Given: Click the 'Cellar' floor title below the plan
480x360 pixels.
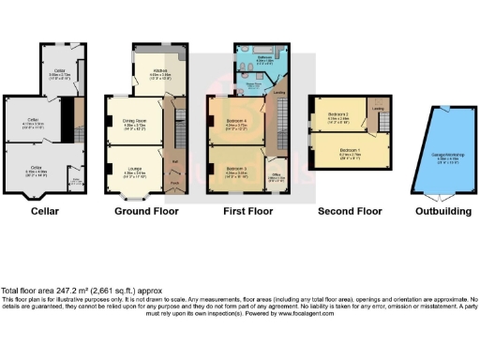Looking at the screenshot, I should (44, 211).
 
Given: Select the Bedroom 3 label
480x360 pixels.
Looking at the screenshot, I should (236, 170).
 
